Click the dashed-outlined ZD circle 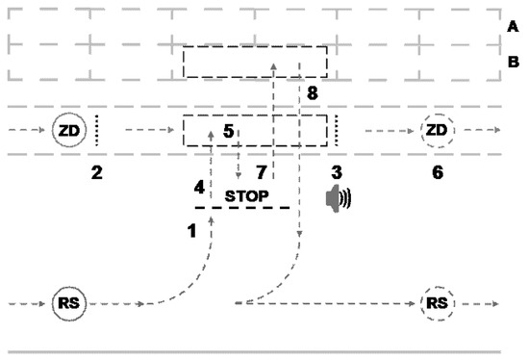click(x=437, y=130)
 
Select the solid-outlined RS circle click(x=68, y=303)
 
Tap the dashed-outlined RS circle click(x=437, y=303)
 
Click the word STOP click(x=243, y=195)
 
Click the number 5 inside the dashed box click(x=228, y=129)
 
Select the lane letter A click(x=513, y=27)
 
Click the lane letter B click(x=513, y=64)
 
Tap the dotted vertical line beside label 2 click(x=96, y=130)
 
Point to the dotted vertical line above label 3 click(x=336, y=130)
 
